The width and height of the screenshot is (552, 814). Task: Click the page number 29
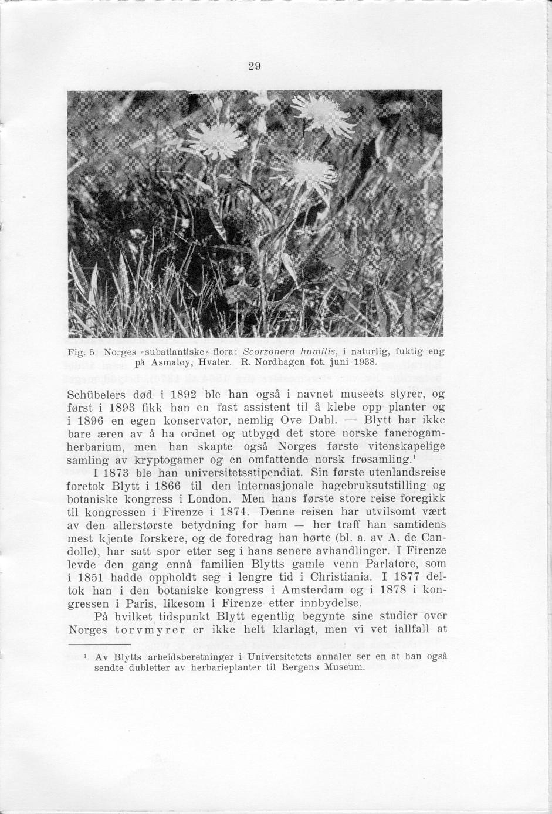tap(254, 66)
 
